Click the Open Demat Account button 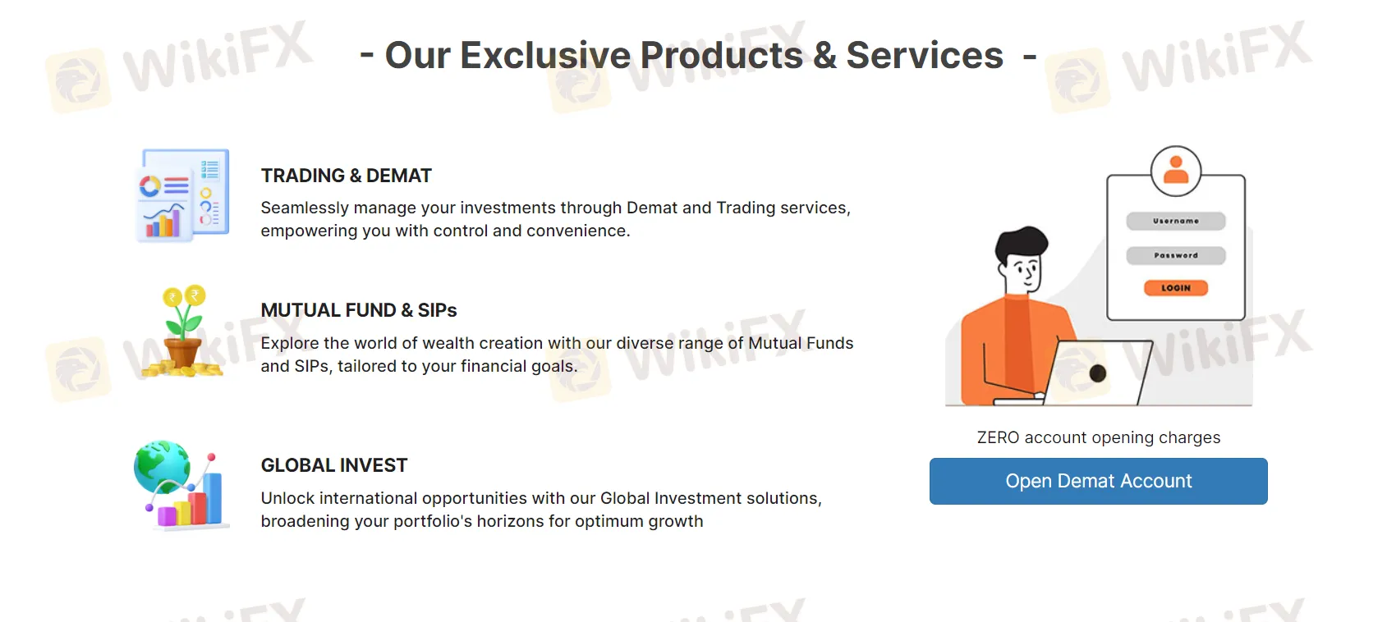click(1098, 481)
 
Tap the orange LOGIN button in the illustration click(1175, 288)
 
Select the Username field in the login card click(1175, 221)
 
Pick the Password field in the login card click(1175, 255)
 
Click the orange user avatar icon click(1176, 170)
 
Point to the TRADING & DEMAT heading click(346, 176)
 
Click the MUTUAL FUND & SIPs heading click(359, 310)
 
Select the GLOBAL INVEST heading click(334, 465)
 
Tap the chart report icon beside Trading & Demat click(182, 195)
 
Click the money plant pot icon click(183, 350)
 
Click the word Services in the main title click(925, 56)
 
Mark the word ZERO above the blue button click(998, 437)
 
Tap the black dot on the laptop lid click(1098, 373)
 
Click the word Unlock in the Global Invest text click(287, 498)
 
